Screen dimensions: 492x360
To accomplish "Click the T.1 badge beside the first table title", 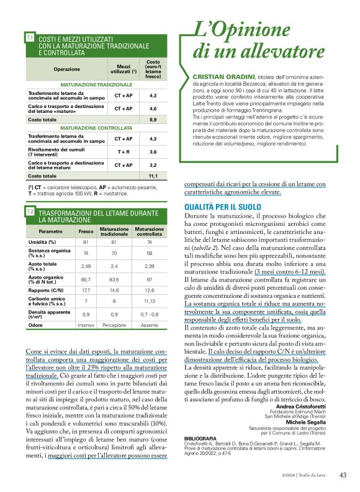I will (x=30, y=38).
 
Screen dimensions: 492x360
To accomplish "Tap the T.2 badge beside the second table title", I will (x=30, y=212).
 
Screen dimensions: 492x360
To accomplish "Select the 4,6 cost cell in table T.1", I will (x=153, y=109).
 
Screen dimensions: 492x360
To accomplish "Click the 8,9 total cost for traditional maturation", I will (x=153, y=119).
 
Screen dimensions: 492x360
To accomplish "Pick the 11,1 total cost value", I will (x=153, y=176).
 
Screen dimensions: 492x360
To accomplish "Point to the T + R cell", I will (x=123, y=151).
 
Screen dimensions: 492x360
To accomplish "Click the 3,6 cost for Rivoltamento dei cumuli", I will (x=153, y=151).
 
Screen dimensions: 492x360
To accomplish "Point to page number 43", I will (x=343, y=475).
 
